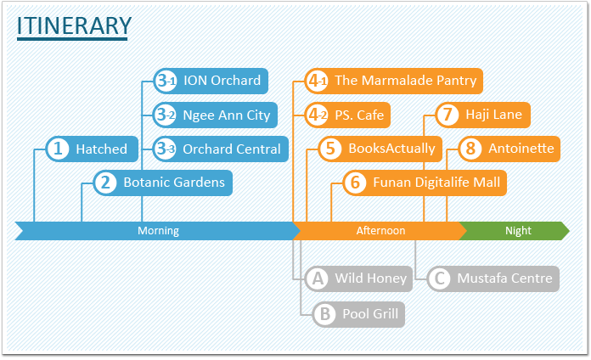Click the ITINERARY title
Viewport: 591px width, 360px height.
pyautogui.click(x=74, y=25)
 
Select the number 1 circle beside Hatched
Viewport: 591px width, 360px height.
pyautogui.click(x=58, y=149)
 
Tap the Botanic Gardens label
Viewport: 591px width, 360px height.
pyautogui.click(x=174, y=183)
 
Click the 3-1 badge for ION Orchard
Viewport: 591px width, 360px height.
pyautogui.click(x=166, y=81)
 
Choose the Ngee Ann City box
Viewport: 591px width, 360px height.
pyautogui.click(x=215, y=115)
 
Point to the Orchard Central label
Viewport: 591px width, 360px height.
pyautogui.click(x=232, y=149)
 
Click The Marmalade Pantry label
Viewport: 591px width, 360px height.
pyautogui.click(x=406, y=81)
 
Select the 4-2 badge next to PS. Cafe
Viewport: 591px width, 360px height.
pyautogui.click(x=316, y=115)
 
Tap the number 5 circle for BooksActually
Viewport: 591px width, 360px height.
pyautogui.click(x=330, y=149)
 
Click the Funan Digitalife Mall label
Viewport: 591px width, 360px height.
pyautogui.click(x=436, y=183)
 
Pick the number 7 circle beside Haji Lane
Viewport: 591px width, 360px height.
pyautogui.click(x=447, y=115)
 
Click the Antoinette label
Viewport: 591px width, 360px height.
pyautogui.click(x=521, y=149)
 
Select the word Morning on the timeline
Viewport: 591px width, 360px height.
pyautogui.click(x=158, y=231)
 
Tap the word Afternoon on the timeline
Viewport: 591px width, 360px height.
pyautogui.click(x=380, y=231)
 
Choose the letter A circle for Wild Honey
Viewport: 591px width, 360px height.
pyautogui.click(x=318, y=279)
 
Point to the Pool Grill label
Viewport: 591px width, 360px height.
pyautogui.click(x=370, y=314)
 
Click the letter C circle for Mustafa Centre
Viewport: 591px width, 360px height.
pyautogui.click(x=440, y=279)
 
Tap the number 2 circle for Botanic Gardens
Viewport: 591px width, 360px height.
pyautogui.click(x=105, y=183)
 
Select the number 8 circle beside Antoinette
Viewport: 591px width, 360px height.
pyautogui.click(x=470, y=149)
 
